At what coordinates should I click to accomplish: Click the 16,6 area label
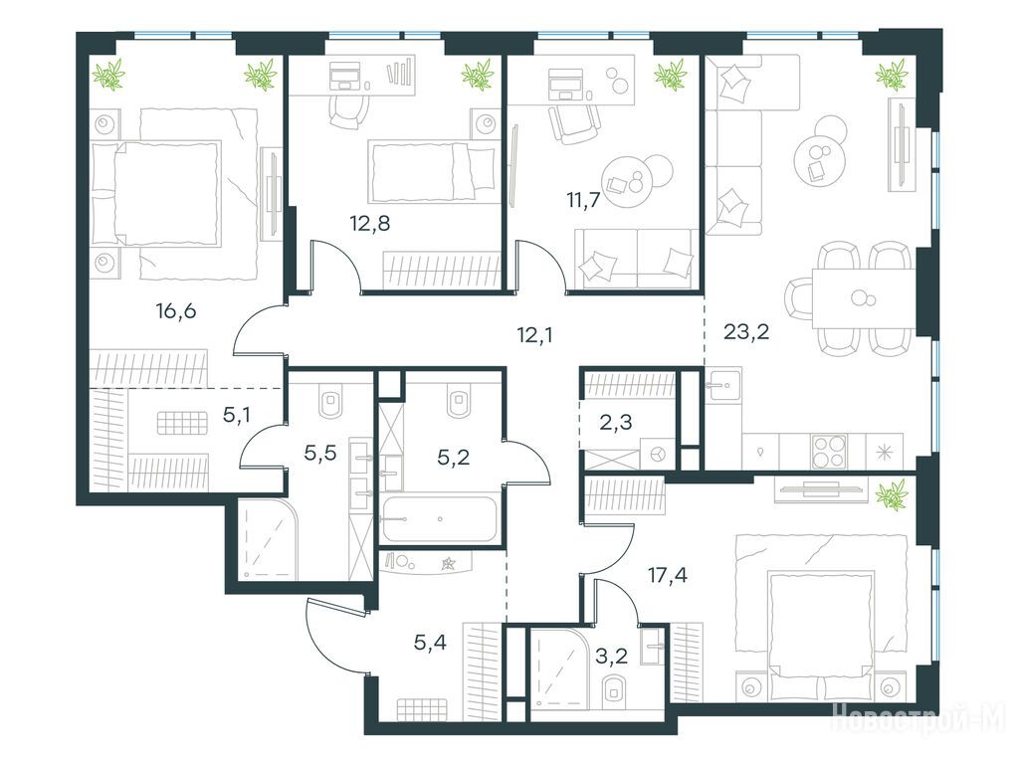[175, 311]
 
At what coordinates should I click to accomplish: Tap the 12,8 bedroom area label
[370, 224]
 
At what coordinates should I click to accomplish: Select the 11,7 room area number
[582, 199]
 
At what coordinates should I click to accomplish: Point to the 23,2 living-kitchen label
[746, 332]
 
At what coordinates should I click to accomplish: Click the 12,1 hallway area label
[534, 335]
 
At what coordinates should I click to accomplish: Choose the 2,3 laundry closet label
[615, 422]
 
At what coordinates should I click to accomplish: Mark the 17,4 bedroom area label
[668, 575]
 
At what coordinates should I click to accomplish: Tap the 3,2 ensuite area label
[612, 656]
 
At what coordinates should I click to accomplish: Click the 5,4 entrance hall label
[430, 644]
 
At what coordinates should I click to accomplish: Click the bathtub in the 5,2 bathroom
[440, 519]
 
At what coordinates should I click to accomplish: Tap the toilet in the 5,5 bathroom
[330, 403]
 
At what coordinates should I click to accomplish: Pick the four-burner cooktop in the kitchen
[829, 451]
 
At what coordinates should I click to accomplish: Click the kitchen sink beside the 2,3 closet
[724, 386]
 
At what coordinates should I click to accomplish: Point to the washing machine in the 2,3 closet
[657, 453]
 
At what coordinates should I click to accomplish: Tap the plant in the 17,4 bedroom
[891, 494]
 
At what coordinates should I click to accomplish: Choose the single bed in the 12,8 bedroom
[432, 171]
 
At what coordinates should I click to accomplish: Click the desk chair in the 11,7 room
[573, 122]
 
